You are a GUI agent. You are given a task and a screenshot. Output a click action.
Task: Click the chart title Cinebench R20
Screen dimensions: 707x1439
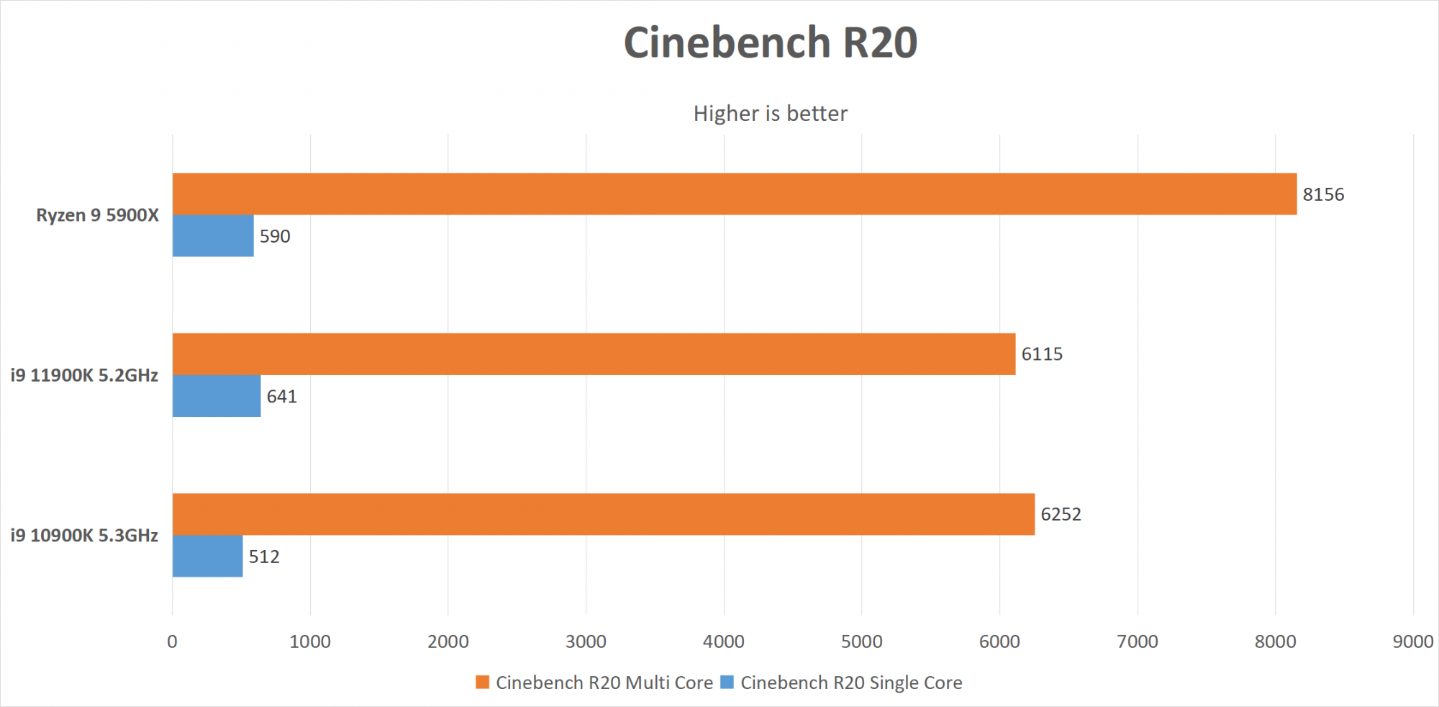coord(770,42)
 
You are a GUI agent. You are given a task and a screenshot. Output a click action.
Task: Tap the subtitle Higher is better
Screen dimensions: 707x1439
coord(770,114)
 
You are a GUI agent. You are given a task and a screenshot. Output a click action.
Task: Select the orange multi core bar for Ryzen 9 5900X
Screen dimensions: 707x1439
coord(734,194)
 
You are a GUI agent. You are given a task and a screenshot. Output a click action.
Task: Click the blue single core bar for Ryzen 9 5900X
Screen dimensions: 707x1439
coord(213,235)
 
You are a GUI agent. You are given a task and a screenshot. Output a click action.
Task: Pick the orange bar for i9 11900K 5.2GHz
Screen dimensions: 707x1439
coord(594,353)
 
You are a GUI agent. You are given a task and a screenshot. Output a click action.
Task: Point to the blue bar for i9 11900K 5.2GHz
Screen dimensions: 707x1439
coord(217,396)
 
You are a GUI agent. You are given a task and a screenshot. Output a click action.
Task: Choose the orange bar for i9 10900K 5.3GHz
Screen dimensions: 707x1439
coord(603,514)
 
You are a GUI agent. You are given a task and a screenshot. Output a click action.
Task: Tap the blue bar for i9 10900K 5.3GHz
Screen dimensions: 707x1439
coord(207,556)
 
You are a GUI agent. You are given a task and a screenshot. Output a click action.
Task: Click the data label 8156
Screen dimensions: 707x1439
coord(1323,194)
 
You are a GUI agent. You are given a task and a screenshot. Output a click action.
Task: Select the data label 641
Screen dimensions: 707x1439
coord(281,397)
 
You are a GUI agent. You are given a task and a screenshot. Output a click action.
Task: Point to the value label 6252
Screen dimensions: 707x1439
coord(1061,514)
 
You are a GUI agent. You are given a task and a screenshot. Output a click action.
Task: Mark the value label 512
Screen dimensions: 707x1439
coord(264,557)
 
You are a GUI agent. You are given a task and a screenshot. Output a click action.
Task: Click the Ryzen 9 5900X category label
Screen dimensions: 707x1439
coord(97,215)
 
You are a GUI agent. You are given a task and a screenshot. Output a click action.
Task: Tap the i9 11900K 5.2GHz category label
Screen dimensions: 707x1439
coord(84,375)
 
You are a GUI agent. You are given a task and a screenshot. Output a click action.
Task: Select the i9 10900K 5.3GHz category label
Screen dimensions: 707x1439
coord(84,536)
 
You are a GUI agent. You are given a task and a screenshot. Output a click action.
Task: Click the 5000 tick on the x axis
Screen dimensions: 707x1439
coord(861,641)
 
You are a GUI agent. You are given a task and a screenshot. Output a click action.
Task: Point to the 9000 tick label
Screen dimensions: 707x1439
coord(1412,641)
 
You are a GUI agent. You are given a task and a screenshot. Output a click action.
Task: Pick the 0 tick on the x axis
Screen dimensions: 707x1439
coord(172,641)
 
